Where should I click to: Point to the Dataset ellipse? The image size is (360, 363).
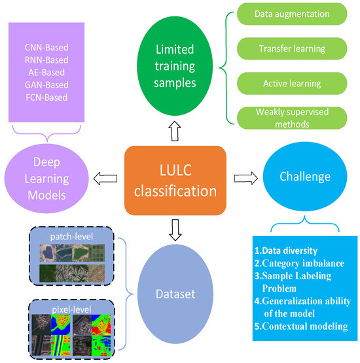click(x=174, y=294)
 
